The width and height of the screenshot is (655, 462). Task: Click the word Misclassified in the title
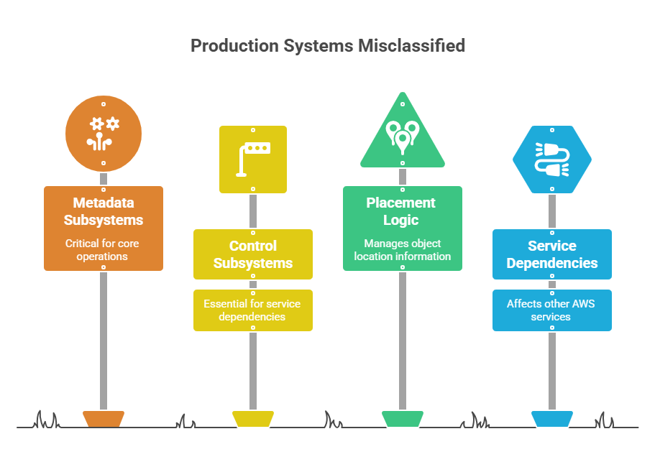[411, 45]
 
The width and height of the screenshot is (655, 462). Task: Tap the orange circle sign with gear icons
[104, 134]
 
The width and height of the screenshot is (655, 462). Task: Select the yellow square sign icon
[253, 160]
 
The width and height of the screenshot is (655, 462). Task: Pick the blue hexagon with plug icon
[552, 160]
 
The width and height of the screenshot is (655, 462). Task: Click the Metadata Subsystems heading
[104, 211]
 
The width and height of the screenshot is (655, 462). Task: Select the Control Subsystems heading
[253, 254]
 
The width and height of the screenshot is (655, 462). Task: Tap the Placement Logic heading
[401, 211]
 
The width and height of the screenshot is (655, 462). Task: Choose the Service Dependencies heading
[552, 254]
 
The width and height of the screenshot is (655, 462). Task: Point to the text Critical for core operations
[102, 249]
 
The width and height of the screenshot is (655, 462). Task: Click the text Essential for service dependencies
[252, 310]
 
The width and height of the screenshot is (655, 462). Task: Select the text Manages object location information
[403, 249]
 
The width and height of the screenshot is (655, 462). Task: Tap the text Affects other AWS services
[551, 310]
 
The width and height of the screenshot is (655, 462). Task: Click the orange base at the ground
[104, 419]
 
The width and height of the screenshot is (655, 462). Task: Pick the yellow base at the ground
[253, 419]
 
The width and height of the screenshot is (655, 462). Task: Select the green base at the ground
[403, 419]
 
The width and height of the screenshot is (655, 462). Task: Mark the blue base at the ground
[552, 419]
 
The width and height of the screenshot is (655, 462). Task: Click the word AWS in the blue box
[583, 304]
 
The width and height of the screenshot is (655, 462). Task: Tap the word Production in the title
[235, 45]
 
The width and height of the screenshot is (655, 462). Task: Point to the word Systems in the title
[319, 46]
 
